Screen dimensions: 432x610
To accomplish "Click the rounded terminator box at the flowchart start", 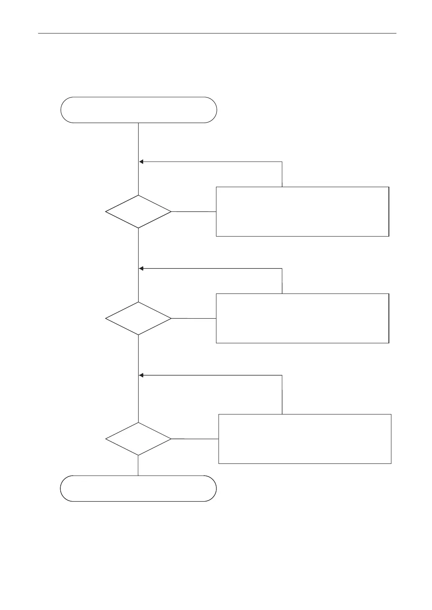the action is coord(139,110).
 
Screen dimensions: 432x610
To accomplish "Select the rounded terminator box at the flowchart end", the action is coord(138,488).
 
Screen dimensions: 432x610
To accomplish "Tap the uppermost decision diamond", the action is coord(138,211).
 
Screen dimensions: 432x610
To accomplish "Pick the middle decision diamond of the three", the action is coord(138,319).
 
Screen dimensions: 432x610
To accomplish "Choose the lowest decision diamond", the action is coord(138,439).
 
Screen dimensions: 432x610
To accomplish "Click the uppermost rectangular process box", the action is coord(302,211).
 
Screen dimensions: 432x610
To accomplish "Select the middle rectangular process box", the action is coord(302,318).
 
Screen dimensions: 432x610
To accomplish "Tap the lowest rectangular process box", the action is coord(305,439).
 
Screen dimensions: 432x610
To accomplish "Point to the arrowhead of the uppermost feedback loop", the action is coord(141,162).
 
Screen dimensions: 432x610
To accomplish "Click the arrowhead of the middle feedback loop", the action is coord(141,268).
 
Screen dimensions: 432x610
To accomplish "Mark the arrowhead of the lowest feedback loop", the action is coord(141,376).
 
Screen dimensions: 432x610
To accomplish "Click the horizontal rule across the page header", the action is coord(217,33).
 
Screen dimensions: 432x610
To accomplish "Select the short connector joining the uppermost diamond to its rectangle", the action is coord(194,211).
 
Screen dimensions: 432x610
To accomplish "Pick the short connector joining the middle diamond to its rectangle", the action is coord(194,318).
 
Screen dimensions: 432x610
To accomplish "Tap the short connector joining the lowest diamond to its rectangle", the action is coord(195,439).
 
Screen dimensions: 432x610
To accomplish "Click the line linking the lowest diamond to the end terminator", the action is coord(138,466).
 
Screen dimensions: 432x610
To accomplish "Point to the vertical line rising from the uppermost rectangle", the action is coord(282,174).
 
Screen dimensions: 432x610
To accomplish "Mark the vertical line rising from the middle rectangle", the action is coord(282,281).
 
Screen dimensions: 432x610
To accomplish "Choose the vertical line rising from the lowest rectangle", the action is coord(282,395).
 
